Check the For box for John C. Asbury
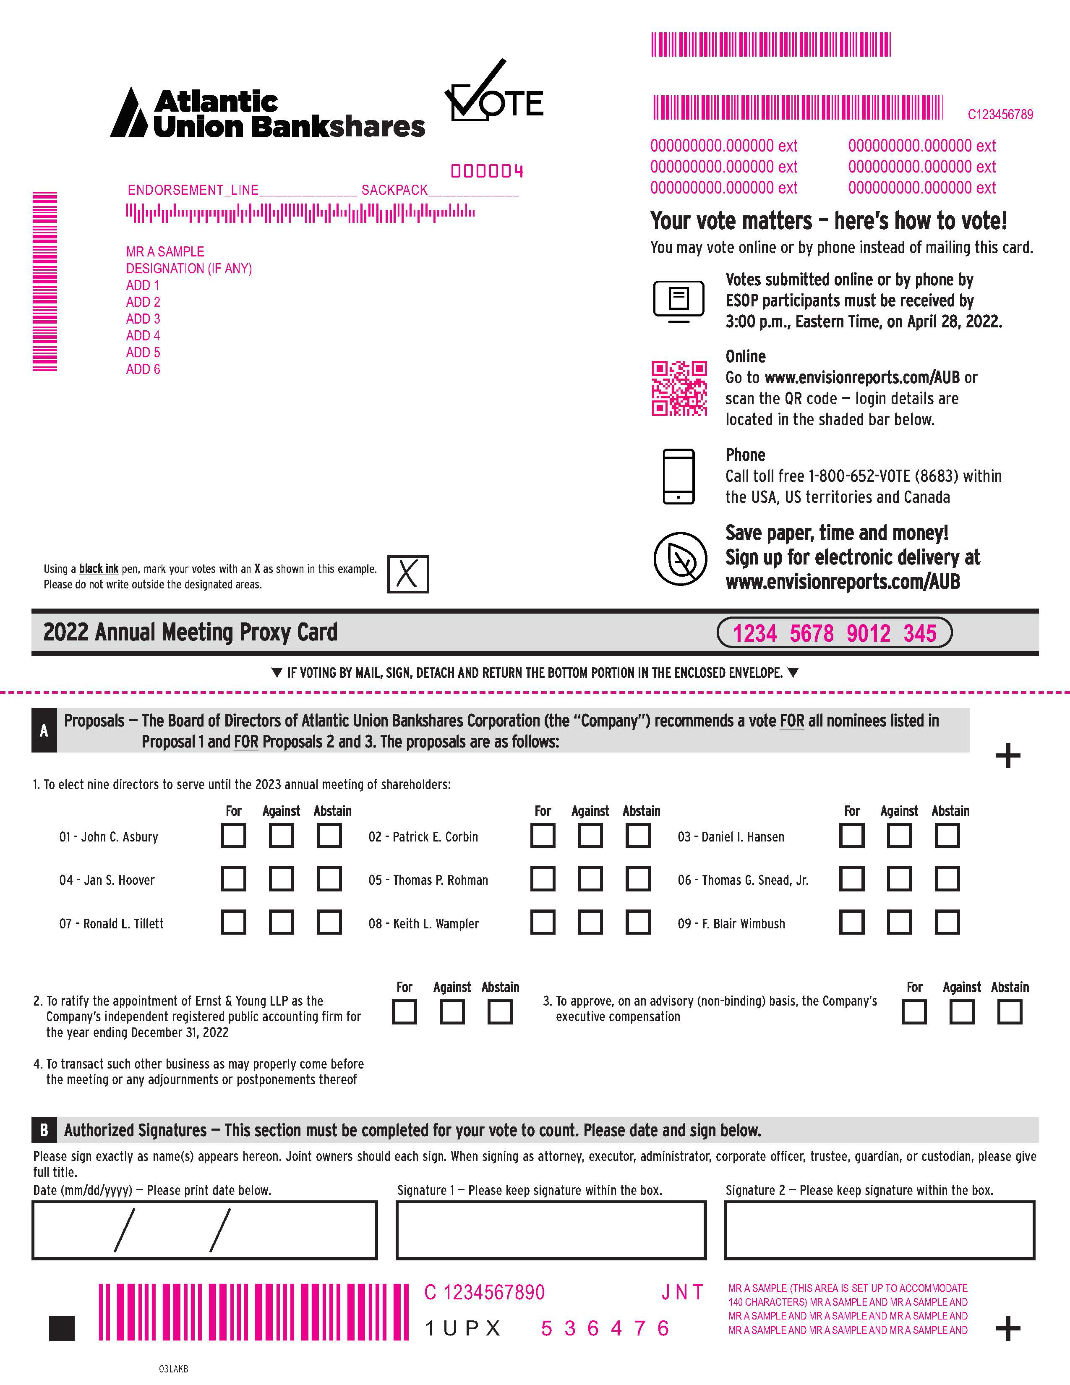click(233, 836)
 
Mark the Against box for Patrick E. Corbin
click(590, 836)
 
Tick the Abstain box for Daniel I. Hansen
click(947, 836)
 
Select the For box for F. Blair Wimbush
click(851, 922)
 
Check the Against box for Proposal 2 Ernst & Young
click(452, 1012)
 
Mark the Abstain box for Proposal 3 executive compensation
click(1009, 1012)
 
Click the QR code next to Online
click(679, 389)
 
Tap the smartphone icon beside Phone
click(678, 476)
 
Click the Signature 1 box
click(551, 1230)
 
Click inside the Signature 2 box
click(879, 1230)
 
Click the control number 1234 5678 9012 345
click(834, 633)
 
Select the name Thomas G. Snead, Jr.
click(743, 880)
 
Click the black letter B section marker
click(44, 1130)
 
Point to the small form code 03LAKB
click(173, 1369)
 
